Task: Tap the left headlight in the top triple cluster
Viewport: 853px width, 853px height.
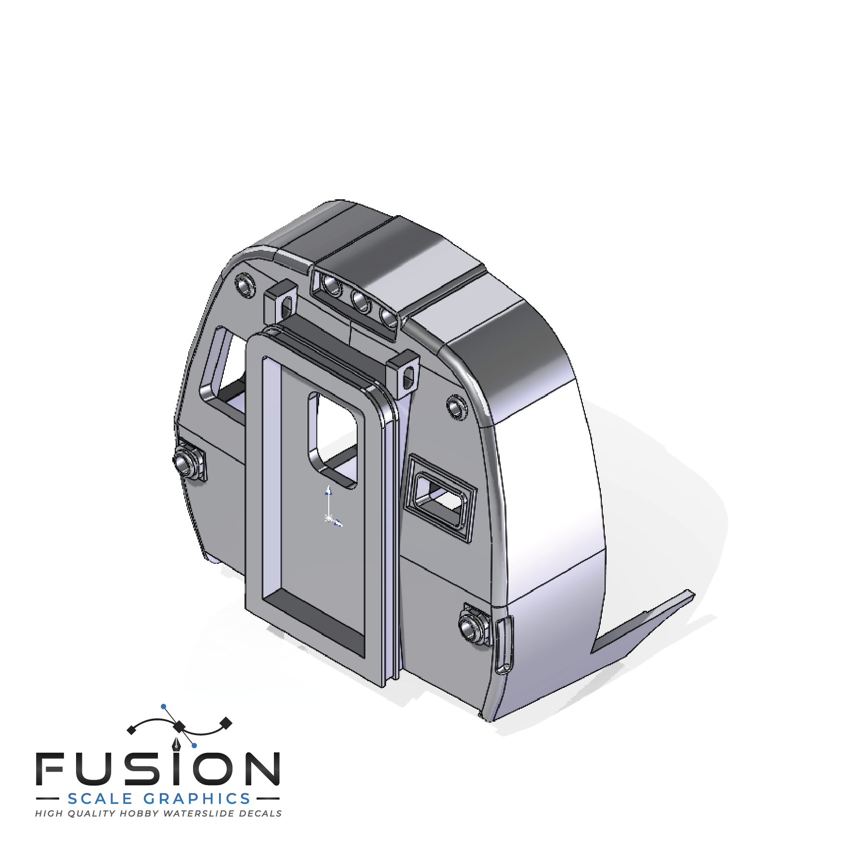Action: [332, 285]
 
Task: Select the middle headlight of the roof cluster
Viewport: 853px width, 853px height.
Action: [361, 301]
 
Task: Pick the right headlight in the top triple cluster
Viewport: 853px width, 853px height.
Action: [388, 317]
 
